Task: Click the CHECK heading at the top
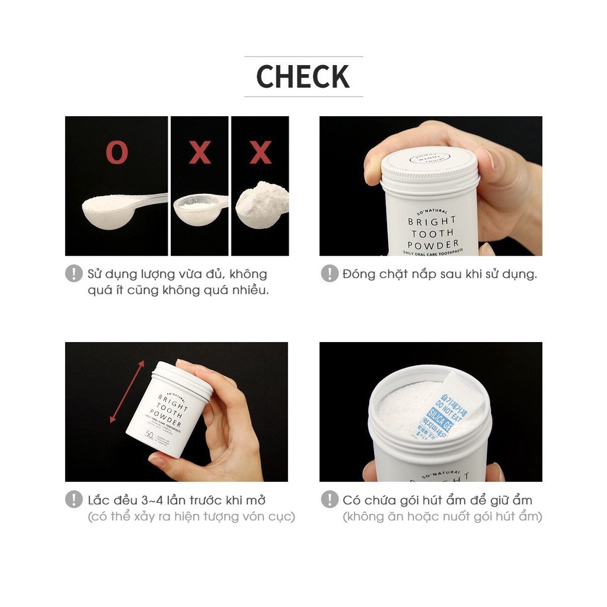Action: tap(303, 76)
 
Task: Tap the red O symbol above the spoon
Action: tap(117, 153)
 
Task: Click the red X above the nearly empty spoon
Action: tap(200, 153)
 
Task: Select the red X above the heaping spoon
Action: tap(260, 153)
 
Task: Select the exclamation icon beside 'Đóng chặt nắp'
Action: tap(330, 274)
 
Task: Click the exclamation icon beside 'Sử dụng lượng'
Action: tap(74, 274)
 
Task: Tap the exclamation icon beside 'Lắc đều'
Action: tap(74, 499)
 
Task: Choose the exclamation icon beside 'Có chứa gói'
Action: tap(330, 499)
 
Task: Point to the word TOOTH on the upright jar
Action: tap(433, 233)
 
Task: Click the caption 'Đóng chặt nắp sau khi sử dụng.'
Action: tap(439, 274)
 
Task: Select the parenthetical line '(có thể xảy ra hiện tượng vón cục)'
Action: tap(191, 516)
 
